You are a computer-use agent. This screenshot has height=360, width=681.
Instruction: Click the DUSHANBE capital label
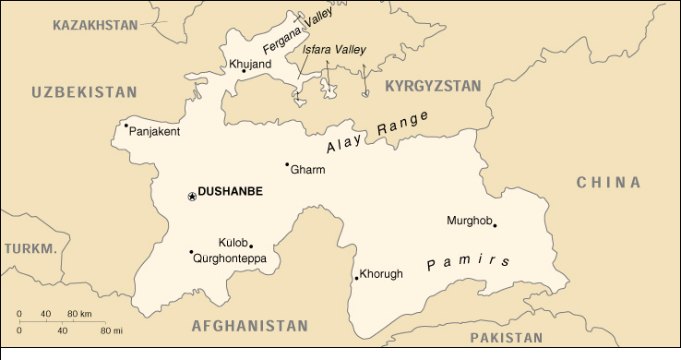(231, 192)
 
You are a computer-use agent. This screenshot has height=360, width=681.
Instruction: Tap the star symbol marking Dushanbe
(192, 196)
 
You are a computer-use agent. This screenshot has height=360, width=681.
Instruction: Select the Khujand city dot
(244, 70)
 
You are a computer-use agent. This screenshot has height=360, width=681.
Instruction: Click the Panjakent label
(155, 131)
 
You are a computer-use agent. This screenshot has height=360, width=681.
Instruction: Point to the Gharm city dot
(287, 164)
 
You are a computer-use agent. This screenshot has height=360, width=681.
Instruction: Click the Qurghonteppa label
(230, 259)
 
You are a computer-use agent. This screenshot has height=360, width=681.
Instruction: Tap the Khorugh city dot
(356, 278)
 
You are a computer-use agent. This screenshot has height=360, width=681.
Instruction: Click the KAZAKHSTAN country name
(95, 24)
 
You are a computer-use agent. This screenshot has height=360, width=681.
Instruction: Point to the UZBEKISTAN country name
(84, 92)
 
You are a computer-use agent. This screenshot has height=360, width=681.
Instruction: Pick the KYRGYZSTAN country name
(434, 86)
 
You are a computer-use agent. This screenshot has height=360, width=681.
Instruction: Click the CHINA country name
(609, 182)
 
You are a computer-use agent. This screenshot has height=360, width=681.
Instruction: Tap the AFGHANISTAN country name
(249, 326)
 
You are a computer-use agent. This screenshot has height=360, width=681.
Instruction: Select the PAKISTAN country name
(506, 338)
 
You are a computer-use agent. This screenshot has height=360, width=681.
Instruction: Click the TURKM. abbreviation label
(30, 248)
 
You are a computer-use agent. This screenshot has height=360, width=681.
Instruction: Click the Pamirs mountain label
(469, 263)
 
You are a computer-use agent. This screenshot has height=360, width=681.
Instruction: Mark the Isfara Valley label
(334, 50)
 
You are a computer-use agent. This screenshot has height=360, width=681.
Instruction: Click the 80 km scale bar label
(79, 316)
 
